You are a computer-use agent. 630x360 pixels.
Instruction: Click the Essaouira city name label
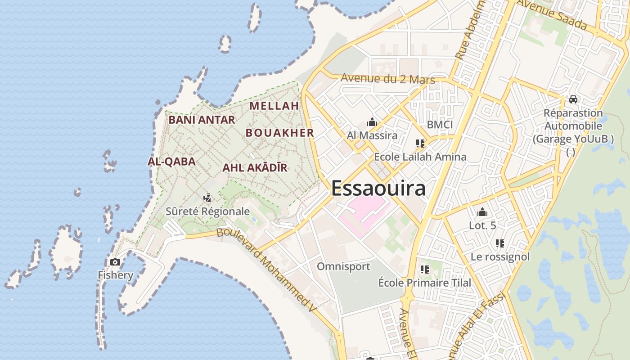[378, 188]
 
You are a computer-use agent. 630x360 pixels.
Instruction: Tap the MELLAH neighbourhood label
[274, 106]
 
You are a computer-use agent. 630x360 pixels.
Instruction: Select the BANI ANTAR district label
[202, 120]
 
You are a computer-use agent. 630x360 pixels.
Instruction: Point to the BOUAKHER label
[279, 133]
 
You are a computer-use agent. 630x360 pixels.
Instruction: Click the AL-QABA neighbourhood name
[171, 162]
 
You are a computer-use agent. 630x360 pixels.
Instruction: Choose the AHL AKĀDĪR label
[255, 168]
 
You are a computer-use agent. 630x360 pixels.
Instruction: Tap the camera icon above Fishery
[115, 262]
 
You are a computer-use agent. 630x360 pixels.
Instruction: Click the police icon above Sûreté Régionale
[207, 198]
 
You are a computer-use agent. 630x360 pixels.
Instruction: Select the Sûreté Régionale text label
[207, 211]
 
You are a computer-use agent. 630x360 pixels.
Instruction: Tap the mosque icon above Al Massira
[372, 122]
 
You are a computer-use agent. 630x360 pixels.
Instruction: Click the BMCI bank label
[440, 125]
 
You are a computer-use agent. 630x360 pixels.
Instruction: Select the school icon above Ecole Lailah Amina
[420, 144]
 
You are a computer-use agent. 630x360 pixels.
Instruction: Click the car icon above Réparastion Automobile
[573, 99]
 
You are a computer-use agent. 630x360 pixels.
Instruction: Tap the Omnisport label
[343, 266]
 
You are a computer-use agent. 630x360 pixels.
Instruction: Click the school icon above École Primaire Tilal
[424, 270]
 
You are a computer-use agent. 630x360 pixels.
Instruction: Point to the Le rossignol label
[500, 257]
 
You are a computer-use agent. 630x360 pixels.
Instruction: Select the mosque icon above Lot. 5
[482, 212]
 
